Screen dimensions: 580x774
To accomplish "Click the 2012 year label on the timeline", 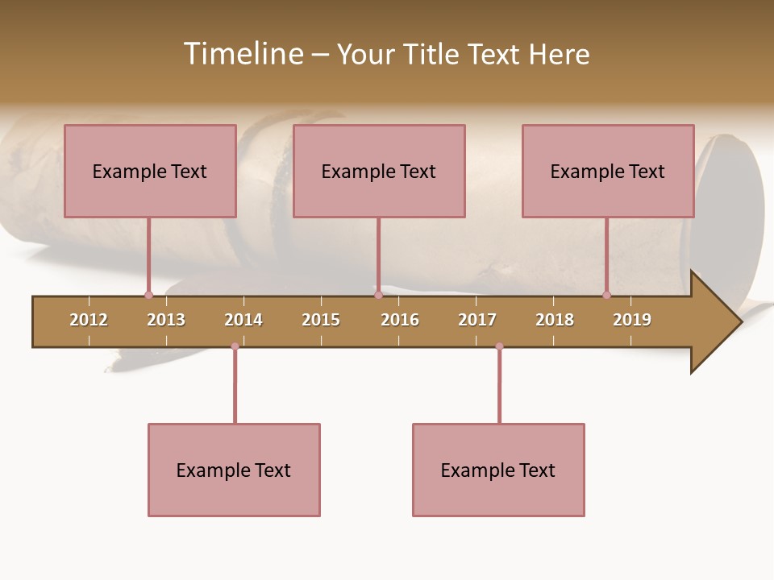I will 89,320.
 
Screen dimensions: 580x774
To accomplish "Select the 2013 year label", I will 166,320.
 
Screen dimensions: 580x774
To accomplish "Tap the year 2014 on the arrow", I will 243,320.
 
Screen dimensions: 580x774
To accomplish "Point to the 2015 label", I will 321,320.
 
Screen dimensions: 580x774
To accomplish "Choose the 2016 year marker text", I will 400,320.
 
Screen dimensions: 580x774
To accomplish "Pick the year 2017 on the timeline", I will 477,320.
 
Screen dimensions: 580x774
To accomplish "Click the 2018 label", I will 555,320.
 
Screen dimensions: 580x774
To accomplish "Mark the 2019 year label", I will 632,320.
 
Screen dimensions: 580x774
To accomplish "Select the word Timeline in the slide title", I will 242,54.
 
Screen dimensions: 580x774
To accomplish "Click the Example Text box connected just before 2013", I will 150,171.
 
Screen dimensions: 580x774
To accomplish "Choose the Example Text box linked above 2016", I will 379,171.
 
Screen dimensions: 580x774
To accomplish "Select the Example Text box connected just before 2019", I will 608,171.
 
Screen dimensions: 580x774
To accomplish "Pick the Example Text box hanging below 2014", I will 234,470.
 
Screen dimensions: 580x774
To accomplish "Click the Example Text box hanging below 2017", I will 498,470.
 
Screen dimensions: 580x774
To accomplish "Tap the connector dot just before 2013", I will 148,295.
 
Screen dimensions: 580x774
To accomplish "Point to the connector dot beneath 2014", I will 235,346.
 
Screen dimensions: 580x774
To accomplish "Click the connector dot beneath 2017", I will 499,346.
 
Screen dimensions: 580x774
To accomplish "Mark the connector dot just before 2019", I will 606,295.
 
